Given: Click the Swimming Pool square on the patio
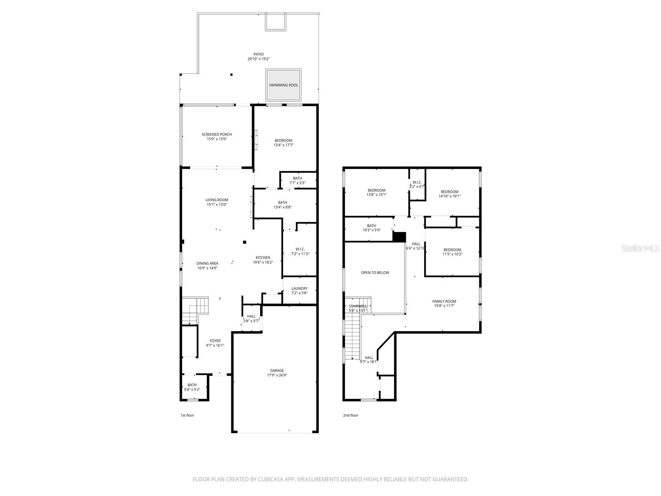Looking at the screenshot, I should point(283,85).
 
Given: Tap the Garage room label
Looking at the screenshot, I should point(277,371).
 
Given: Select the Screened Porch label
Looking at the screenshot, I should point(216,134).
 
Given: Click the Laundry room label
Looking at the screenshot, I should point(299,289).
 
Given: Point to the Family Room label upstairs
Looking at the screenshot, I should point(444,301).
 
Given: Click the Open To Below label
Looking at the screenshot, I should point(375,273).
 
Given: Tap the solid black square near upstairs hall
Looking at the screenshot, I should point(399,237).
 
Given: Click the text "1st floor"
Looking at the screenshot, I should point(187,415).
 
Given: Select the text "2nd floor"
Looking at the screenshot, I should point(350,415).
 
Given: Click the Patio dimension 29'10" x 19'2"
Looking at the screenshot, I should point(259,59).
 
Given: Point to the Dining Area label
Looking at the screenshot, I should point(207,263).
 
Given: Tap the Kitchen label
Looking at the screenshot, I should point(263,258).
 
